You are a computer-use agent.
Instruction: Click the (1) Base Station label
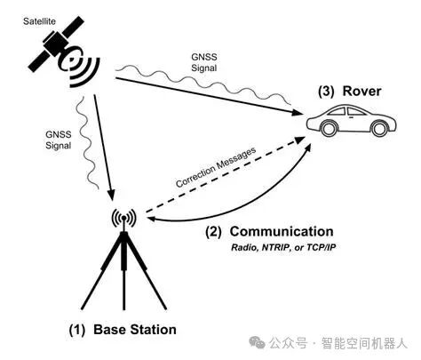[x=123, y=329]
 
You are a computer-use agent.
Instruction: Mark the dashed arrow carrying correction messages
[x=222, y=182]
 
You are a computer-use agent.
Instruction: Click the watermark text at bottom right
[x=338, y=341]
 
